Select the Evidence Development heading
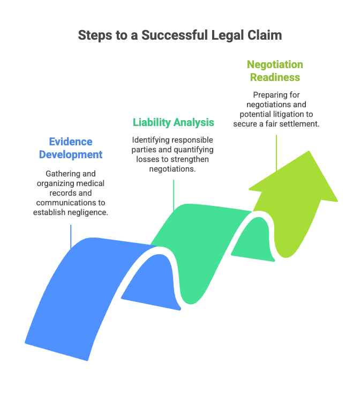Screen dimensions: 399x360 point(71,148)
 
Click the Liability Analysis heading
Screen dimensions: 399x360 point(174,122)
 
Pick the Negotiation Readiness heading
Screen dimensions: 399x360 point(275,71)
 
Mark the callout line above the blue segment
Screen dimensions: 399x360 point(71,236)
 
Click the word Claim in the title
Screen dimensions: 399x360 point(267,35)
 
